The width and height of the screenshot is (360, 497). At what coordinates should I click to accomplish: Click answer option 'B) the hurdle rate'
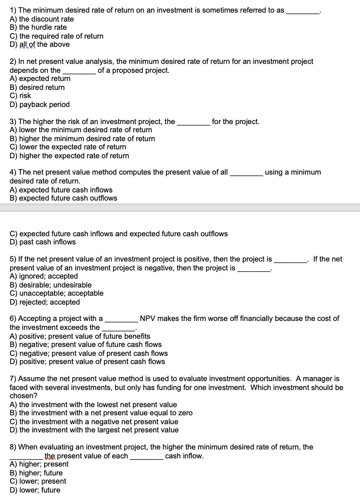coord(38,27)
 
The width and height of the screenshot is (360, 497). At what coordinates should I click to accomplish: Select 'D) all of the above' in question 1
coord(40,45)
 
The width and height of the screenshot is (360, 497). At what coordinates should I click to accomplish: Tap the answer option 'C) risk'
coord(20,96)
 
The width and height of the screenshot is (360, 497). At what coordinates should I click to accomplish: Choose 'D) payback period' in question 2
coord(40,105)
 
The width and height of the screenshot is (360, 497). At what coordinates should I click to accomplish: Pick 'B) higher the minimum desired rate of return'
coord(82,139)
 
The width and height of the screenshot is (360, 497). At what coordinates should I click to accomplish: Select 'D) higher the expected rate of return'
coord(69,156)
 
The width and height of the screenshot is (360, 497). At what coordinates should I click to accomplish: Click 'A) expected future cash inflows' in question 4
coord(61,190)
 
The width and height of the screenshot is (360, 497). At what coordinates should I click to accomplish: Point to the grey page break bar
coord(180,208)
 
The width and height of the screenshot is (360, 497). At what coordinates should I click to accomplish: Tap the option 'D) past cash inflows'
coord(43,242)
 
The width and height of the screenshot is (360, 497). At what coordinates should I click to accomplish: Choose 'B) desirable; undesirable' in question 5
coord(50,285)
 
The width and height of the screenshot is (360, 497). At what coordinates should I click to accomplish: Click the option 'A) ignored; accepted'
coord(44,276)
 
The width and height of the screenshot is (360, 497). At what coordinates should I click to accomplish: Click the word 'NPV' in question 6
coord(147,319)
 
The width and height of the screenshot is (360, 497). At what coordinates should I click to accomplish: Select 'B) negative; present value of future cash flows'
coord(86,345)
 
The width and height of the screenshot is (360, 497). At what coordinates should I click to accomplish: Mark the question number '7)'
coord(13,379)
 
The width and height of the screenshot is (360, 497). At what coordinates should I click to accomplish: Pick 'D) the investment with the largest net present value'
coord(94,430)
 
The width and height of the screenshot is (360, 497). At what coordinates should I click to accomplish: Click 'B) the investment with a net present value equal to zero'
coord(101,413)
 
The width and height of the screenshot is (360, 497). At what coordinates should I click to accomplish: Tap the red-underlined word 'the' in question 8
coord(50,456)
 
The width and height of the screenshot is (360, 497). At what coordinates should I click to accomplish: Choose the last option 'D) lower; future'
coord(35,490)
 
